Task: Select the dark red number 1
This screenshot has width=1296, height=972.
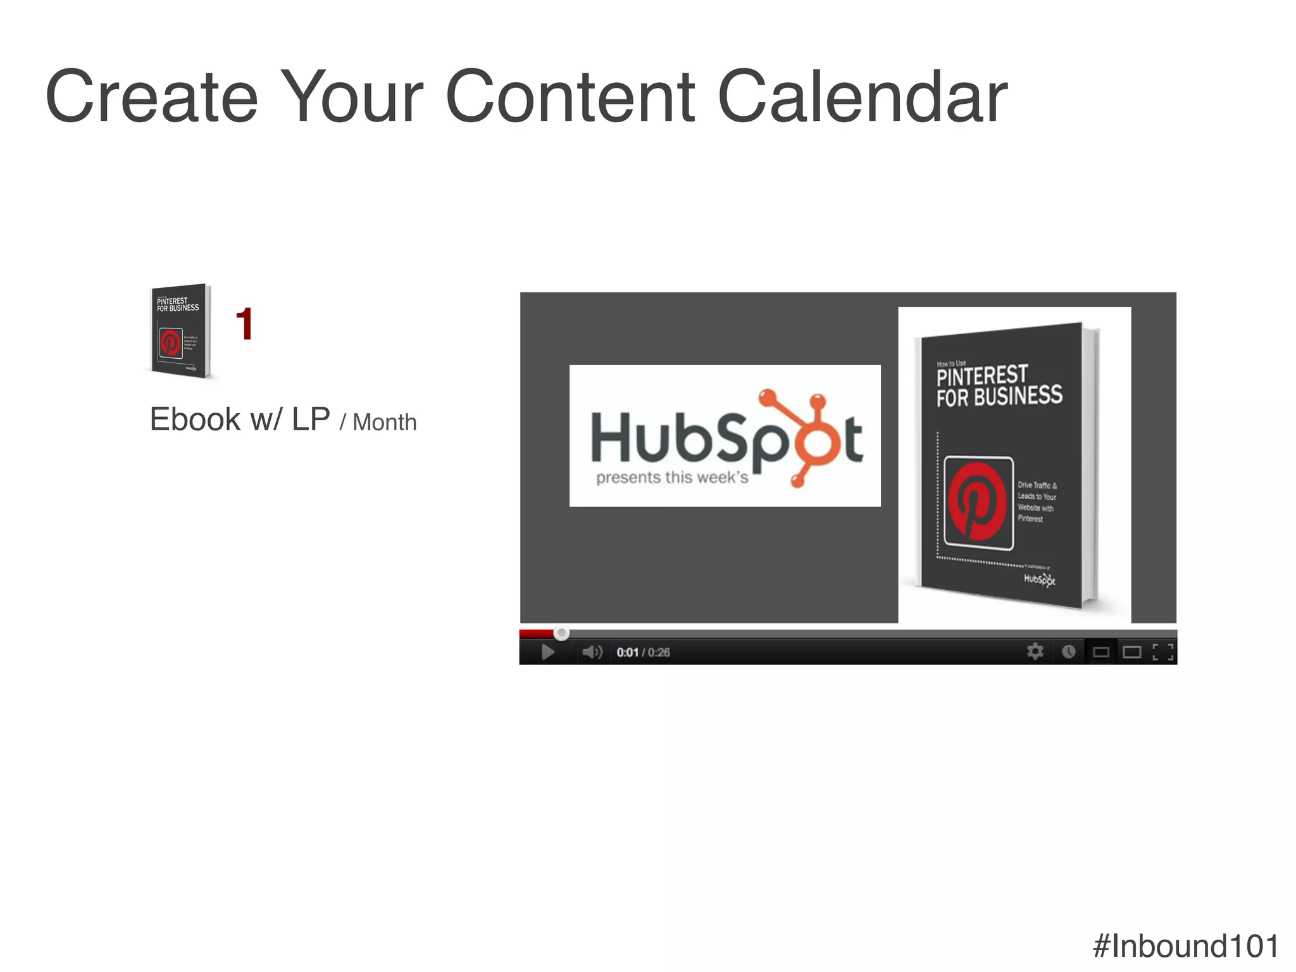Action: [x=244, y=325]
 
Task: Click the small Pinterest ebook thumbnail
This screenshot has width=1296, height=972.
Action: [x=180, y=331]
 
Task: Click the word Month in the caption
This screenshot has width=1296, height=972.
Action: [x=384, y=422]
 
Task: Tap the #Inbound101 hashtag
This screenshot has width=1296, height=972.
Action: [x=1185, y=946]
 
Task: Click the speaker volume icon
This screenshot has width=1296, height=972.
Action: [x=592, y=652]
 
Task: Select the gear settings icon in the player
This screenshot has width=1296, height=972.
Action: [x=1035, y=651]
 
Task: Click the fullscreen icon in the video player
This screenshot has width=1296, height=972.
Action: [x=1162, y=652]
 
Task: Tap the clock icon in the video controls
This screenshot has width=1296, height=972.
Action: [x=1068, y=652]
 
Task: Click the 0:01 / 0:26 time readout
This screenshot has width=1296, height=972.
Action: [x=643, y=652]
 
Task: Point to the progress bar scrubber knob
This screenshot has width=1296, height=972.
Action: [x=561, y=633]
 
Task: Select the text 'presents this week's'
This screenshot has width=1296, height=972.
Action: [x=672, y=478]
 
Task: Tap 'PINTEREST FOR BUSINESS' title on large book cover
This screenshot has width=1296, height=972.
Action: [x=999, y=386]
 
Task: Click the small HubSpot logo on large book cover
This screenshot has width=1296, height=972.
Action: [x=1039, y=579]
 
